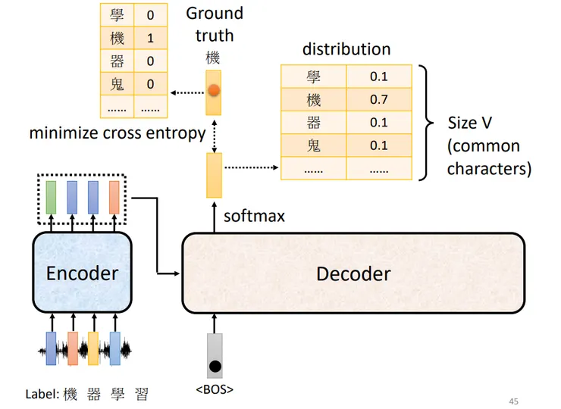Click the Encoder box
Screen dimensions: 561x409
[83, 273]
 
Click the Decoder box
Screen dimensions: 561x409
[353, 273]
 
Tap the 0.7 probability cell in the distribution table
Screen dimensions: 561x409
[379, 99]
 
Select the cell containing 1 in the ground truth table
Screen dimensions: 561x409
[151, 38]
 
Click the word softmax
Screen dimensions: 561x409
[255, 217]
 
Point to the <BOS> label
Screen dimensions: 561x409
[215, 389]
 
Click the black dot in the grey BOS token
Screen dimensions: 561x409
[215, 367]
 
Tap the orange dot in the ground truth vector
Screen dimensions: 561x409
[214, 90]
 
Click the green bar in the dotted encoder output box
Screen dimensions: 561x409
[51, 197]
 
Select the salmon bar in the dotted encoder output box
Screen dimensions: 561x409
[114, 197]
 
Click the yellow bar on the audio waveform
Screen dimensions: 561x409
[93, 348]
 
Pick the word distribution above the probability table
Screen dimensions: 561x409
[346, 49]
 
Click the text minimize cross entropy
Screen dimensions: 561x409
[118, 133]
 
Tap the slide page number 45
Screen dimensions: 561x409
[514, 401]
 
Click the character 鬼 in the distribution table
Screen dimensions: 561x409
[313, 145]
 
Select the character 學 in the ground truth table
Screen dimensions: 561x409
[117, 15]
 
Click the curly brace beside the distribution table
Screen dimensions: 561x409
[427, 123]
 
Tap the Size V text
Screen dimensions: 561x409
[470, 123]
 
